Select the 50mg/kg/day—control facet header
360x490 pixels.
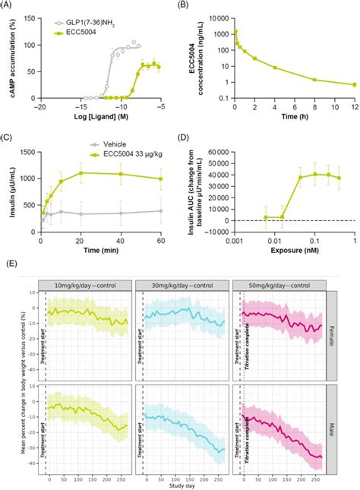pyautogui.click(x=289, y=283)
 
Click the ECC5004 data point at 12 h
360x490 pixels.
pyautogui.click(x=353, y=84)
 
